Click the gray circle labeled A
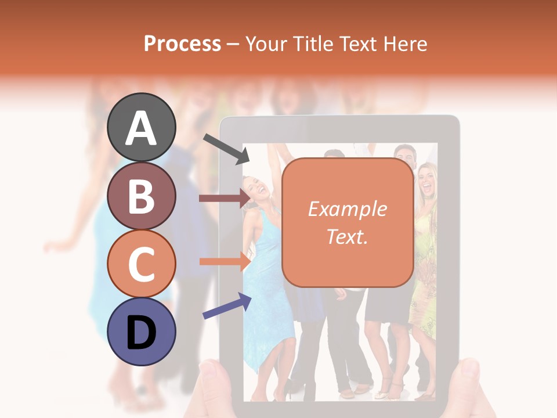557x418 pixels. pyautogui.click(x=141, y=127)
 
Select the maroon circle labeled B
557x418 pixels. pyautogui.click(x=141, y=196)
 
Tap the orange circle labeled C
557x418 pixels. pyautogui.click(x=141, y=264)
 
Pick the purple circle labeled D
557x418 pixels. pyautogui.click(x=141, y=331)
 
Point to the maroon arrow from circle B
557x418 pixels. pyautogui.click(x=224, y=199)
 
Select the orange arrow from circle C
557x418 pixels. pyautogui.click(x=224, y=261)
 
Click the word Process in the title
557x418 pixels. pyautogui.click(x=182, y=44)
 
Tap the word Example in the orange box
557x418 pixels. pyautogui.click(x=347, y=209)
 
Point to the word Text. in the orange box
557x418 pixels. pyautogui.click(x=347, y=236)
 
